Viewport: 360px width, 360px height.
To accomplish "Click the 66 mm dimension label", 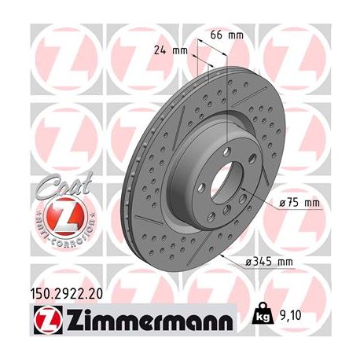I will coord(226,35).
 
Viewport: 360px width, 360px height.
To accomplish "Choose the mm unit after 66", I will coord(236,35).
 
